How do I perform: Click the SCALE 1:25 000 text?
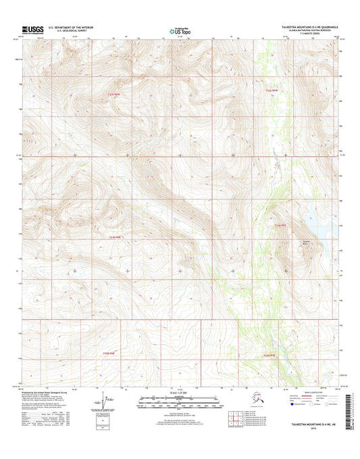click(180, 393)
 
